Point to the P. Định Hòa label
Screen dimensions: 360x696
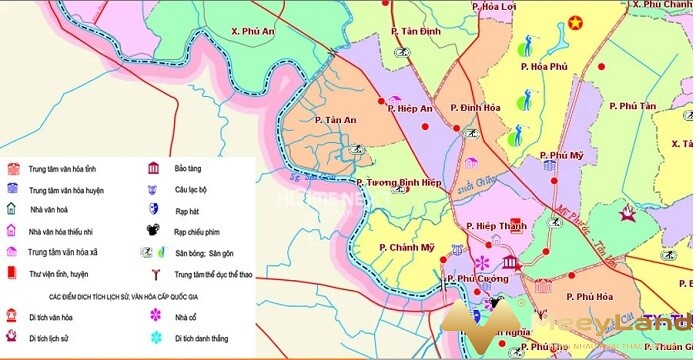coord(475,107)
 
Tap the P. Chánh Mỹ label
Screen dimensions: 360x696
coord(407,247)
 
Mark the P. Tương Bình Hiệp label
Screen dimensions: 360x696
coord(400,182)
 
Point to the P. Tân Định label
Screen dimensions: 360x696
coord(419,32)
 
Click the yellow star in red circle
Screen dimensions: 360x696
coord(574,22)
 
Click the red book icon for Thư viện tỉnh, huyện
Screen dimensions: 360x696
coord(12,272)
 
